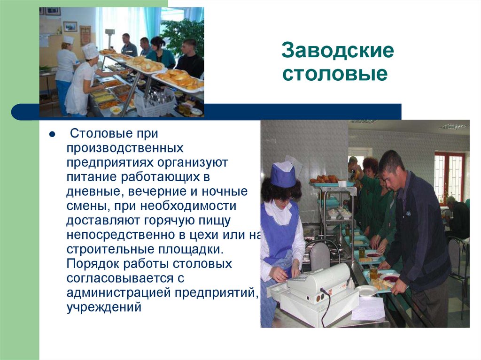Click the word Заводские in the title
337,52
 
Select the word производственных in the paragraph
124,149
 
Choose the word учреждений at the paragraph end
104,307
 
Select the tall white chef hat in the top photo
89,51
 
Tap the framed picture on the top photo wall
70,26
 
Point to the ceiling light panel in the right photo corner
453,126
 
